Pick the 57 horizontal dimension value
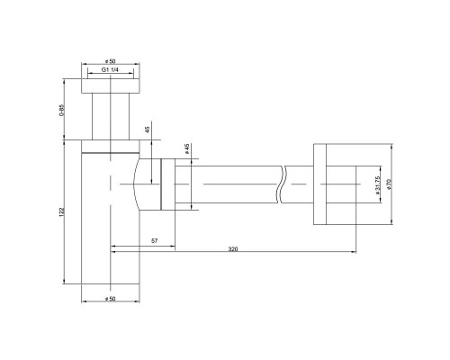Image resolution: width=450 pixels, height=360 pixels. point(154,242)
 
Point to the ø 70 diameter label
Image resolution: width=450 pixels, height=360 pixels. point(389,184)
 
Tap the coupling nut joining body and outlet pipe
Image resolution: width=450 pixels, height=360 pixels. point(166,184)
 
